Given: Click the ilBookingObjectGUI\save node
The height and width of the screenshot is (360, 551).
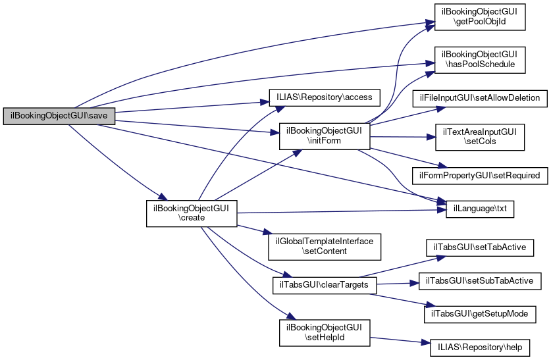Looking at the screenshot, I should pyautogui.click(x=59, y=115).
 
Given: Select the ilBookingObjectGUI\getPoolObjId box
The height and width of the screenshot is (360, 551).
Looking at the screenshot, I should pyautogui.click(x=479, y=16).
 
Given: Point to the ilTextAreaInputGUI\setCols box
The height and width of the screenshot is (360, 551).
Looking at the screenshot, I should pyautogui.click(x=479, y=137).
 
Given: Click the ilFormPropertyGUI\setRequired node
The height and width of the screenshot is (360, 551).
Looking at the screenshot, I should pyautogui.click(x=479, y=176).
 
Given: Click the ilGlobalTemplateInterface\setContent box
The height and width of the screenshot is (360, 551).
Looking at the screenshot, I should pyautogui.click(x=325, y=245).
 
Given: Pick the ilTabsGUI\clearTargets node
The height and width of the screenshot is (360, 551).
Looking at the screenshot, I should pyautogui.click(x=325, y=285).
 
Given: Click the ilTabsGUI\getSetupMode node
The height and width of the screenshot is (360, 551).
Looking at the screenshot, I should pyautogui.click(x=479, y=314).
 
